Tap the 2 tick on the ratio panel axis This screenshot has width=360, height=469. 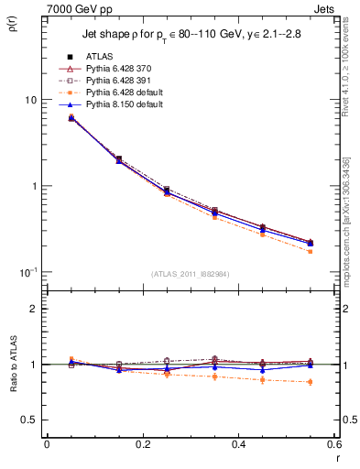(34, 310)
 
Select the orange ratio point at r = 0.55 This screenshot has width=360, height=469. (310, 382)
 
